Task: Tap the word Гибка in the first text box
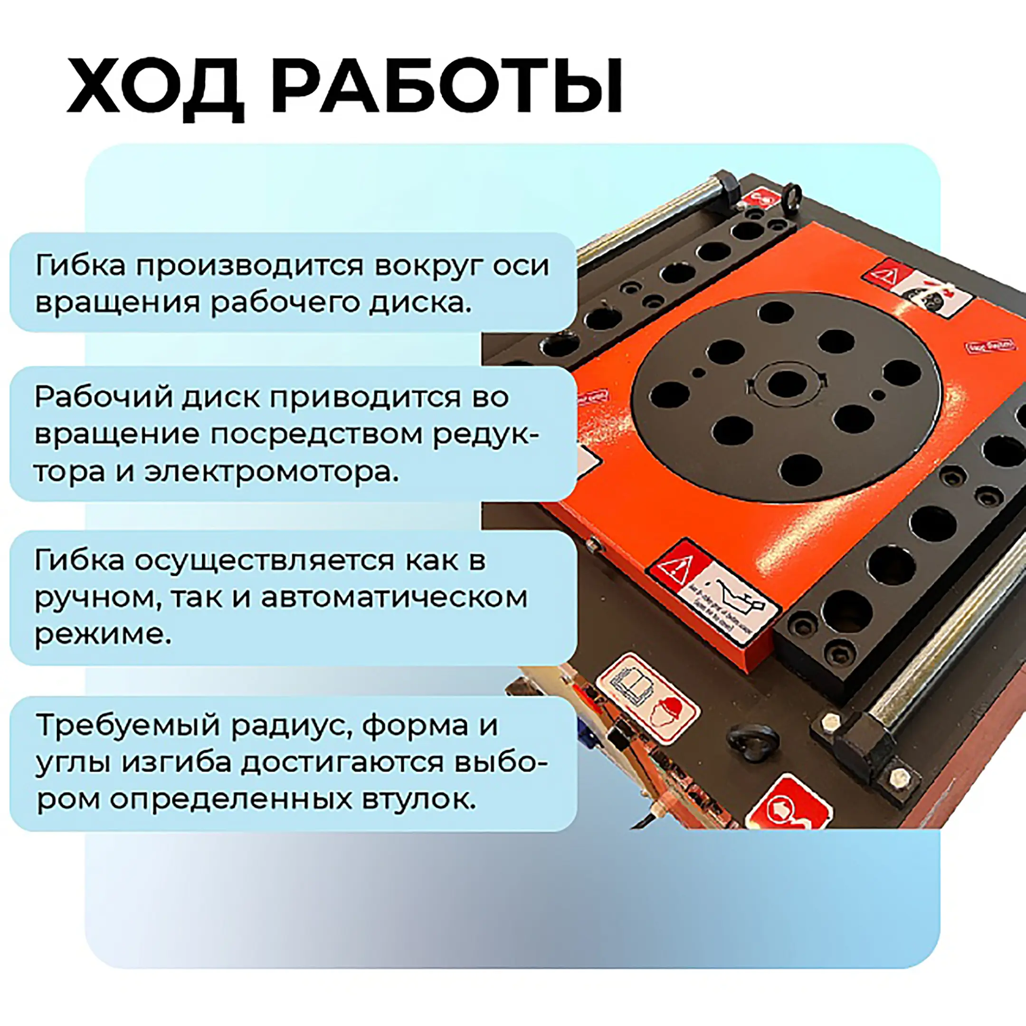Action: [x=80, y=265]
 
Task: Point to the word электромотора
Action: [x=271, y=472]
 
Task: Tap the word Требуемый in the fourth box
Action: [x=128, y=725]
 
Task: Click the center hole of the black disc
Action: [x=787, y=384]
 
